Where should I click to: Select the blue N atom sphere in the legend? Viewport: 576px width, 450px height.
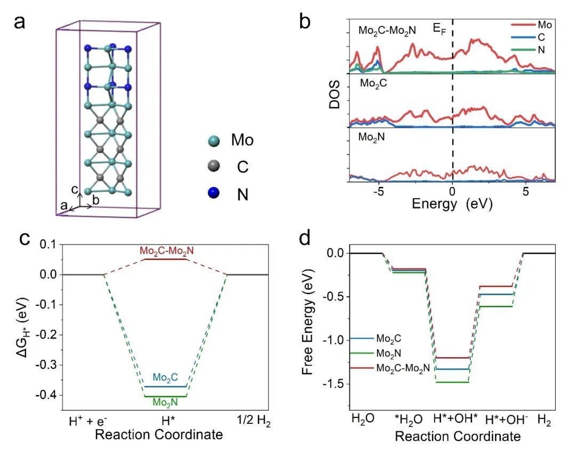214,195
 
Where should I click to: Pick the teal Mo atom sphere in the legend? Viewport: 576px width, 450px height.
214,141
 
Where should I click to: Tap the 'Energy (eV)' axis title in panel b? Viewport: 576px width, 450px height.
452,204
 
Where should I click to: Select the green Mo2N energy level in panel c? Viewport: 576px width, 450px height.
166,397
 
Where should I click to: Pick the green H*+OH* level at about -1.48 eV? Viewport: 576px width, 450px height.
453,382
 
